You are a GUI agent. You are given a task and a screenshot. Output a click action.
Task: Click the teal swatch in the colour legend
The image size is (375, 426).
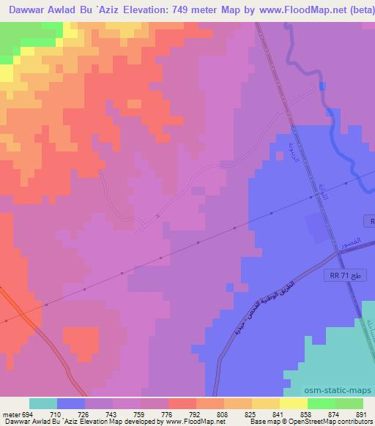point(43,403)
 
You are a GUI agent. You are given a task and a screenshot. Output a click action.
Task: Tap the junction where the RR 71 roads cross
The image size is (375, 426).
point(338,252)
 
